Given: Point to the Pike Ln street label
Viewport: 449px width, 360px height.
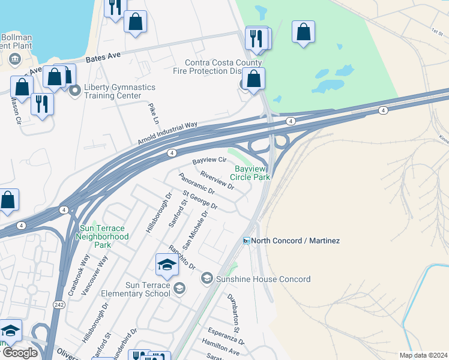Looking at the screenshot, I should [154, 113].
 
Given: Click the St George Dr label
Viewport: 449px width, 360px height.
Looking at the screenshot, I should [200, 201].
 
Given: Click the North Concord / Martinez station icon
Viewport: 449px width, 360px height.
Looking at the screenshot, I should [246, 241].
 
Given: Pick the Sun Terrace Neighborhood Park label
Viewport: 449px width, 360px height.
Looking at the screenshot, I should [102, 232].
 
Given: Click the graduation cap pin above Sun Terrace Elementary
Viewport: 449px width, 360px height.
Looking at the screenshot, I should [167, 264].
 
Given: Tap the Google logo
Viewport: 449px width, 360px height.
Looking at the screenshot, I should [20, 353].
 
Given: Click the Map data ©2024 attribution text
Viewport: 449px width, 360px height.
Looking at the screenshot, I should [423, 355].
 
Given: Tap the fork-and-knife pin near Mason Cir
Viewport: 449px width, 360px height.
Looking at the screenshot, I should [42, 103].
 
